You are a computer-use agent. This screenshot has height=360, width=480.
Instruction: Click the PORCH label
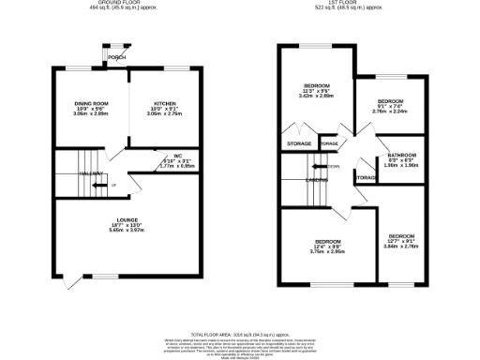pyautogui.click(x=116, y=57)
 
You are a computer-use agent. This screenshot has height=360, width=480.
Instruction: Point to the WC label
pyautogui.click(x=177, y=156)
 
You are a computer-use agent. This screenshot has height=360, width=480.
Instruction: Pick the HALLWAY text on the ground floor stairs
pyautogui.click(x=91, y=173)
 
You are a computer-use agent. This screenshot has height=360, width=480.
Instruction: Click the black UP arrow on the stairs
pyautogui.click(x=113, y=185)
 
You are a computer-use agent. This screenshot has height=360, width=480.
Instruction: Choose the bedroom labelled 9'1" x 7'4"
pyautogui.click(x=390, y=100)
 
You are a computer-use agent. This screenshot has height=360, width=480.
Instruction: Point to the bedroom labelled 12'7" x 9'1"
pyautogui.click(x=401, y=235)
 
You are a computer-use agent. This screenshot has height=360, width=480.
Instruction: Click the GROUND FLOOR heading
pyautogui.click(x=122, y=4)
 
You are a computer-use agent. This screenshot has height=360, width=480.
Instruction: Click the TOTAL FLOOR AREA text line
pyautogui.click(x=239, y=333)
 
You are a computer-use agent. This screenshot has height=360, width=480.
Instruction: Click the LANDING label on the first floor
pyautogui.click(x=317, y=179)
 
